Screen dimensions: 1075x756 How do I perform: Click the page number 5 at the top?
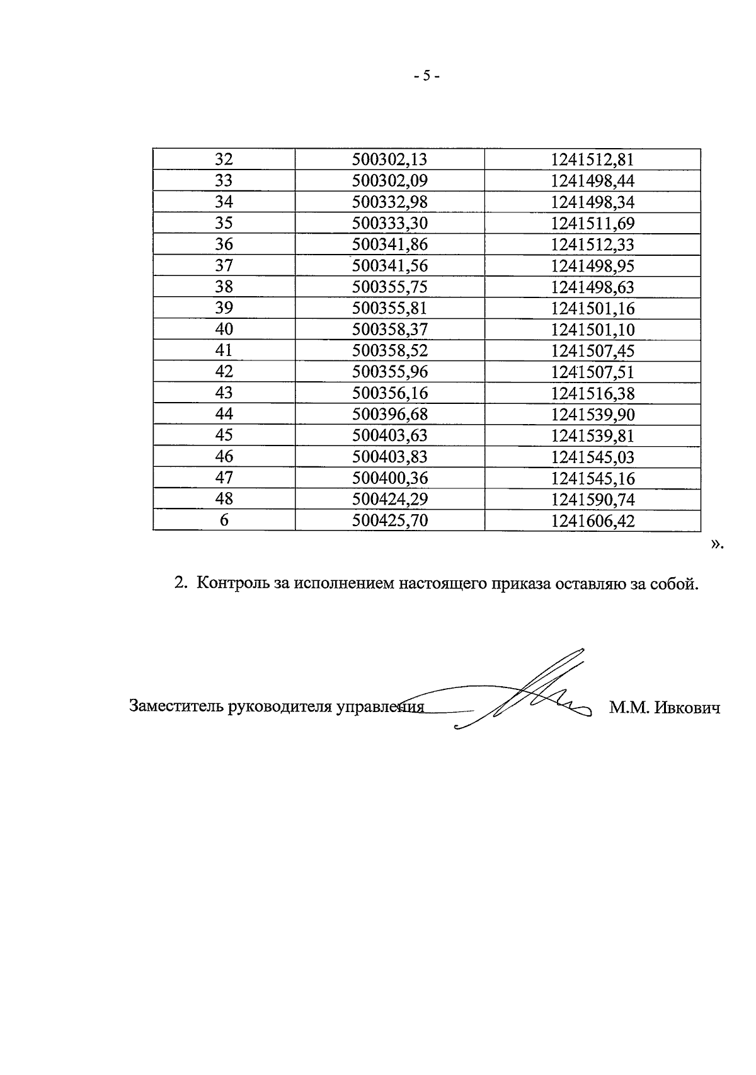(427, 76)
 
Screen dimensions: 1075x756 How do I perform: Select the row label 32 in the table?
(224, 159)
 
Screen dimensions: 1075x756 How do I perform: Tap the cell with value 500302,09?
(389, 181)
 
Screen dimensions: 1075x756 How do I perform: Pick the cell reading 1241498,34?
(592, 202)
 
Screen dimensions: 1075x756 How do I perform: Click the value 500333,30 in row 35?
(389, 223)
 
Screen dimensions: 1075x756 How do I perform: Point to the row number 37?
(224, 265)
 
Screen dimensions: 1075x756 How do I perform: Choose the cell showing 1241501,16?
(592, 308)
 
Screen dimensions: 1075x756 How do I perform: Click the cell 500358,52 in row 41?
(389, 350)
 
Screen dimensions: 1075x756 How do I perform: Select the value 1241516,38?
(592, 393)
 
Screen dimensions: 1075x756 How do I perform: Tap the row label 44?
(224, 414)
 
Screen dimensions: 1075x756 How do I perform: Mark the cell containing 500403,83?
(389, 457)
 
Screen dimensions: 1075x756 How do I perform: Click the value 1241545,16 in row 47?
(592, 478)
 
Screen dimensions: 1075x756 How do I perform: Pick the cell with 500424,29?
(389, 499)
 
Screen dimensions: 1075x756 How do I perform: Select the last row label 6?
(224, 520)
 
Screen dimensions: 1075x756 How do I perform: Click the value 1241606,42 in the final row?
(592, 521)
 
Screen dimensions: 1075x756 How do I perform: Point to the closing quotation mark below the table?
(716, 544)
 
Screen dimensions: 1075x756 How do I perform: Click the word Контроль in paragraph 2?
(232, 583)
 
